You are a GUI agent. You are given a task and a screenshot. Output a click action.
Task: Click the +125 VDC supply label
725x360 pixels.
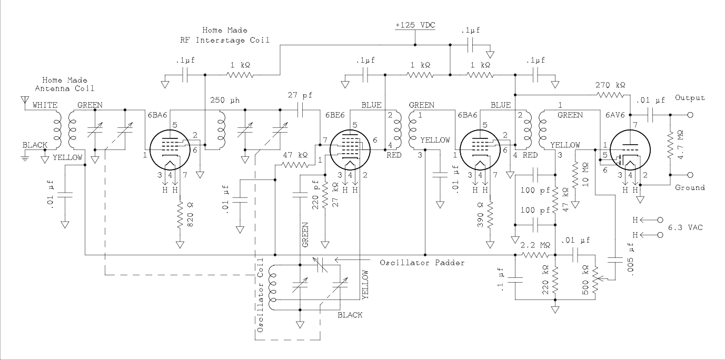[415, 26]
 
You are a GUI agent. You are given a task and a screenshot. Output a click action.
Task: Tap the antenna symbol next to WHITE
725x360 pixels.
[24, 100]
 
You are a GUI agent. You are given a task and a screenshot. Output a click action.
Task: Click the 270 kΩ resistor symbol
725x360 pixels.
[610, 95]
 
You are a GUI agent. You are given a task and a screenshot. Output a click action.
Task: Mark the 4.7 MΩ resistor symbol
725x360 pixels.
[670, 144]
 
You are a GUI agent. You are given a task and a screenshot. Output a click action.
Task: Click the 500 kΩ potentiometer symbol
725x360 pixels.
[595, 277]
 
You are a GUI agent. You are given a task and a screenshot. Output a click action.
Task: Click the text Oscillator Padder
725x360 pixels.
[422, 262]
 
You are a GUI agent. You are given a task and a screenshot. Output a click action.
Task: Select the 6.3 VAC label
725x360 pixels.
[685, 227]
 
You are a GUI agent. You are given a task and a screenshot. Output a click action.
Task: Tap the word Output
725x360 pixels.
[690, 98]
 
